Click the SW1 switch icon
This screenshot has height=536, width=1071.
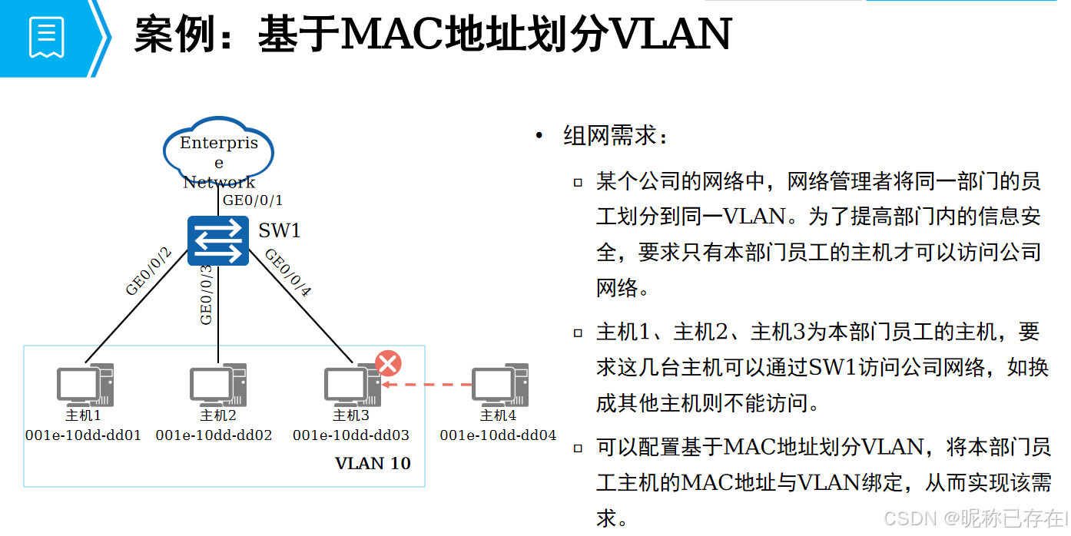pos(218,241)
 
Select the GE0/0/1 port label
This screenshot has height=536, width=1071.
pos(252,201)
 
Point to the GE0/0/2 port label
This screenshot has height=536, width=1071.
pos(148,272)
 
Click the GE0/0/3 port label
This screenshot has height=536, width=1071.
pos(206,294)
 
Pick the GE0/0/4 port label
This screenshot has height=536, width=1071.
pos(288,273)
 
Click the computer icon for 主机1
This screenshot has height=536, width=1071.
pos(85,385)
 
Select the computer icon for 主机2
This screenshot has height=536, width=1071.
pos(218,385)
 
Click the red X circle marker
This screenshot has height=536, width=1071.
pos(388,363)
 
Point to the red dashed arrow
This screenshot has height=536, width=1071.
pos(427,384)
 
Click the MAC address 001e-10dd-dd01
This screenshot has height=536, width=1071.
pos(83,435)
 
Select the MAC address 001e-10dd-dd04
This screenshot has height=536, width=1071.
pos(498,435)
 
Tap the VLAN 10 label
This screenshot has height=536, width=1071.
pos(373,463)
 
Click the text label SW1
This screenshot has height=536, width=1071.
pos(279,230)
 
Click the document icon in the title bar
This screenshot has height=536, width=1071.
pos(47,37)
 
